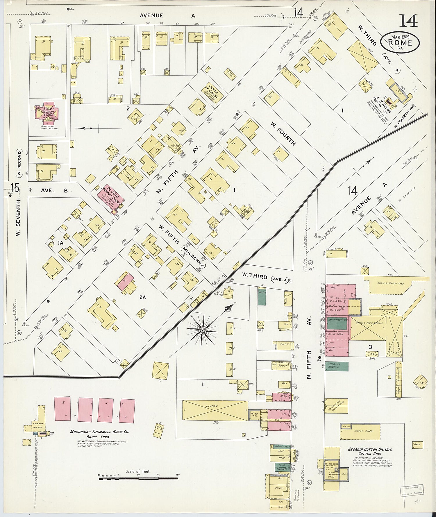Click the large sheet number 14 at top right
pyautogui.click(x=409, y=20)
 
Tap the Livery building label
pyautogui.click(x=212, y=405)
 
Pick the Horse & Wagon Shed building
pyautogui.click(x=395, y=283)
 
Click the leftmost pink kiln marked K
pyautogui.click(x=62, y=408)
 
